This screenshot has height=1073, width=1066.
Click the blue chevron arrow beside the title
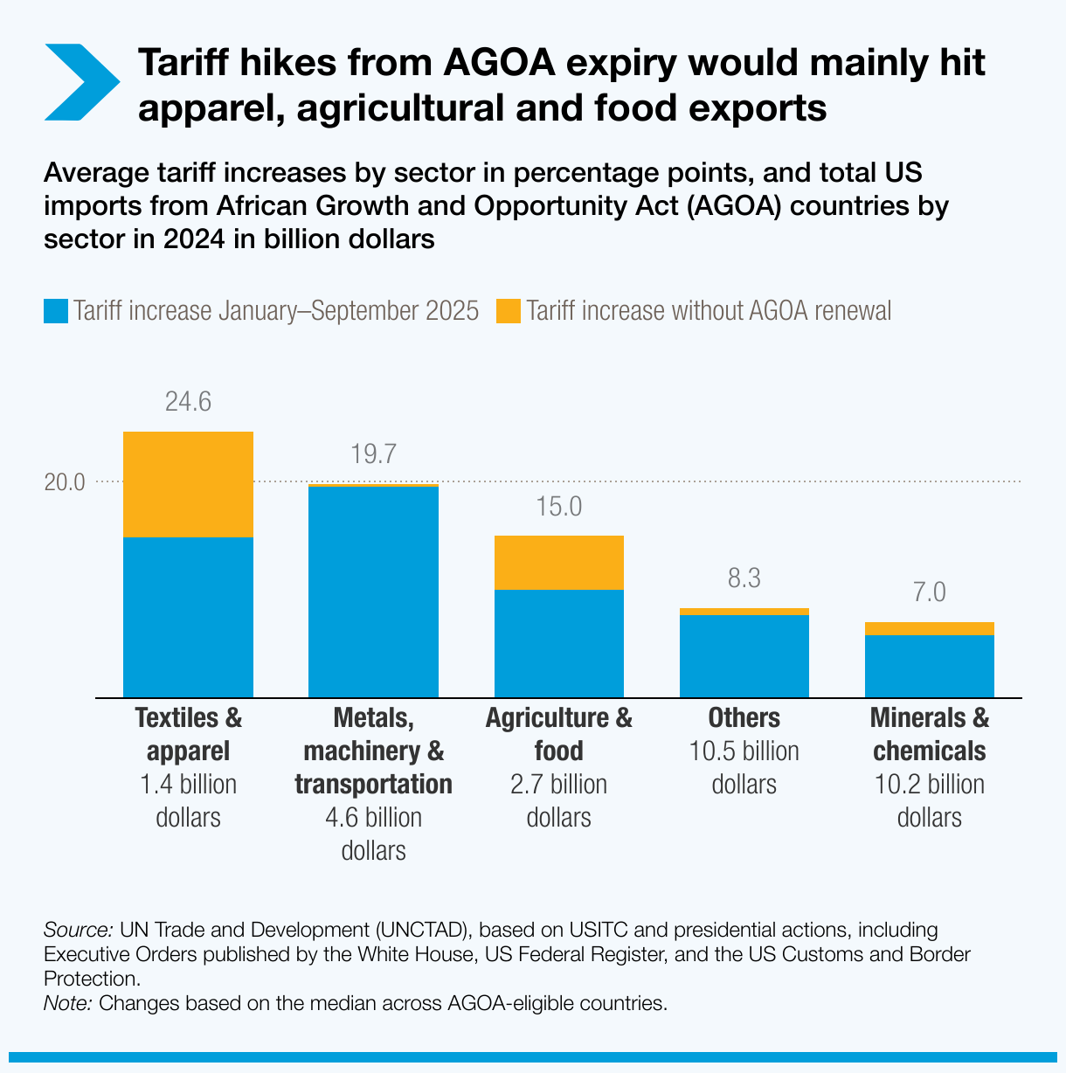click(80, 81)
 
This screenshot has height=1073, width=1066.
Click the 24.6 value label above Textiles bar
click(188, 402)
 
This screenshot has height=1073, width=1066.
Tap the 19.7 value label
click(373, 454)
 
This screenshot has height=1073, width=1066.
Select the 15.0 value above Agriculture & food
click(558, 507)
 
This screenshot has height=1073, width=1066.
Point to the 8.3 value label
click(744, 578)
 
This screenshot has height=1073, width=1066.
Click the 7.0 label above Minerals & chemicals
click(929, 592)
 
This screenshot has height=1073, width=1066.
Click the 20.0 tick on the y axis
click(65, 482)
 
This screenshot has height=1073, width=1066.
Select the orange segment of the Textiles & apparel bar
click(188, 484)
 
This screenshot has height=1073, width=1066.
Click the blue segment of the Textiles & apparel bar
click(188, 617)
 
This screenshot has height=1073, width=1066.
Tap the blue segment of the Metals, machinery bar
click(373, 592)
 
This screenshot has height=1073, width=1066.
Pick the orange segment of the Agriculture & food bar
click(558, 563)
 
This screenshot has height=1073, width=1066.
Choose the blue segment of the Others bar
click(744, 655)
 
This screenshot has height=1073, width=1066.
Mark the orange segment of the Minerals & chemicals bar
click(929, 629)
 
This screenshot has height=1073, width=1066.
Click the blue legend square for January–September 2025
click(56, 311)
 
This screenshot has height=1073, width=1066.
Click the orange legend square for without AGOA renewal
click(508, 311)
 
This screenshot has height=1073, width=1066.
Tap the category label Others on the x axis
click(744, 718)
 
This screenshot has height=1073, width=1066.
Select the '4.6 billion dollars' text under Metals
click(373, 834)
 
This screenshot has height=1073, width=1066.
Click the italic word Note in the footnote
click(67, 1003)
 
